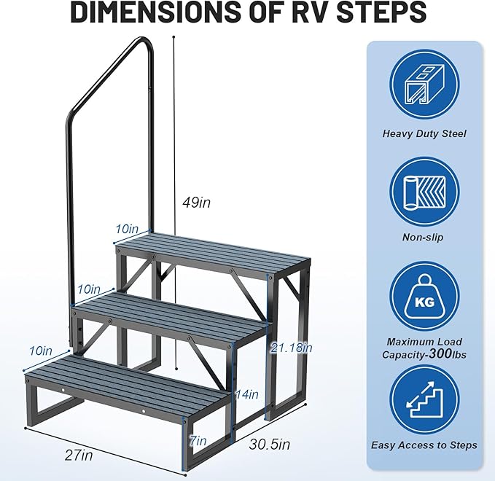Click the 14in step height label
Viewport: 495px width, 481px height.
248,394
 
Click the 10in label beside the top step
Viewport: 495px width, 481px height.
127,229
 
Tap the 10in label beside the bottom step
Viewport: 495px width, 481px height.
41,351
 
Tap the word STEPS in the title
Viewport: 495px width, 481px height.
386,12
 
